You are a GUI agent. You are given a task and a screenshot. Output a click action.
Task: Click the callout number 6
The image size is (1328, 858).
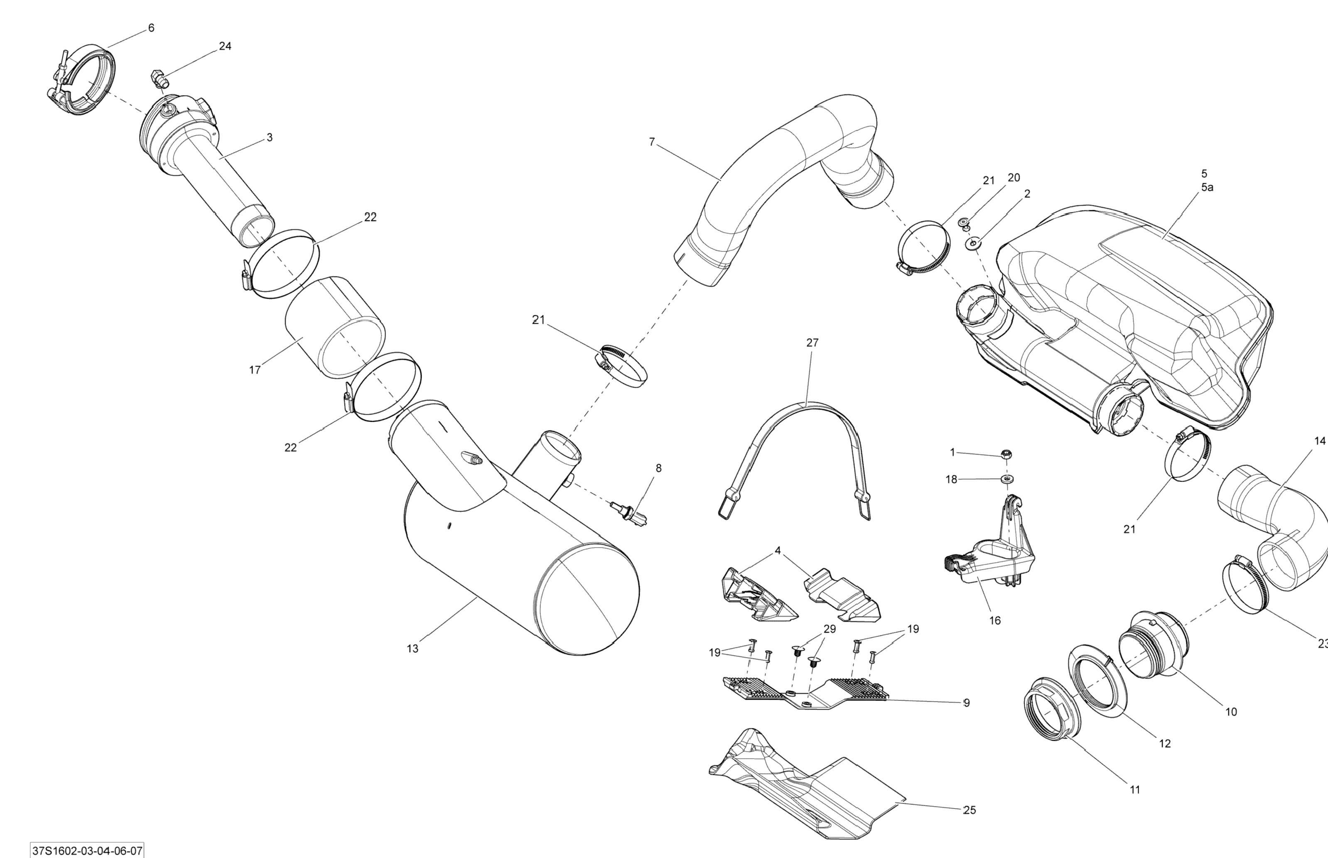click(x=151, y=28)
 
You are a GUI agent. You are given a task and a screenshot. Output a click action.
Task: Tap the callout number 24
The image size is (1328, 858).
click(x=225, y=46)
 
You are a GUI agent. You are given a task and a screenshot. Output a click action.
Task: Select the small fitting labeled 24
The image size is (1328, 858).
click(x=160, y=79)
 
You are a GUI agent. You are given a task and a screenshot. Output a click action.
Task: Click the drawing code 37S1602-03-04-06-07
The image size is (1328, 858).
click(x=88, y=851)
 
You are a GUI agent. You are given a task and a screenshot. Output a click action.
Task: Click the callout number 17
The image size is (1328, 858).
click(x=255, y=370)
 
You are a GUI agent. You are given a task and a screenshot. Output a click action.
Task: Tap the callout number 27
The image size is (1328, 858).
click(x=812, y=343)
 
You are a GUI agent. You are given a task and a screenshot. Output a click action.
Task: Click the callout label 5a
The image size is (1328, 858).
click(x=1207, y=188)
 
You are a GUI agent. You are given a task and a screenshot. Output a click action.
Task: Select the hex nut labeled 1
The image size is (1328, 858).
click(x=1006, y=455)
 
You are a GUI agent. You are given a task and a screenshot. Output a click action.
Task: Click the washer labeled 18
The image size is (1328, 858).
click(x=1006, y=478)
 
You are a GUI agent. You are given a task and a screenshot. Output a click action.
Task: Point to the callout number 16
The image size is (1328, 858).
click(x=995, y=621)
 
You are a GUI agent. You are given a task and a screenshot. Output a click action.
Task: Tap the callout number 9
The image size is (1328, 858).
click(x=967, y=703)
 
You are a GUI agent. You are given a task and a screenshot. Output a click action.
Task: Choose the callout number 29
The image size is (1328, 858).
click(x=830, y=629)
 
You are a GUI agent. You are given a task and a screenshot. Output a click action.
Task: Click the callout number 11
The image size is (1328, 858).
click(x=1135, y=789)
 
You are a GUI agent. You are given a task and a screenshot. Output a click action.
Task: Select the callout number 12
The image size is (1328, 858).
click(x=1165, y=743)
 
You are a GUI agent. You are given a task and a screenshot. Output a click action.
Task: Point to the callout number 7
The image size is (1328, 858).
click(x=652, y=142)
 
